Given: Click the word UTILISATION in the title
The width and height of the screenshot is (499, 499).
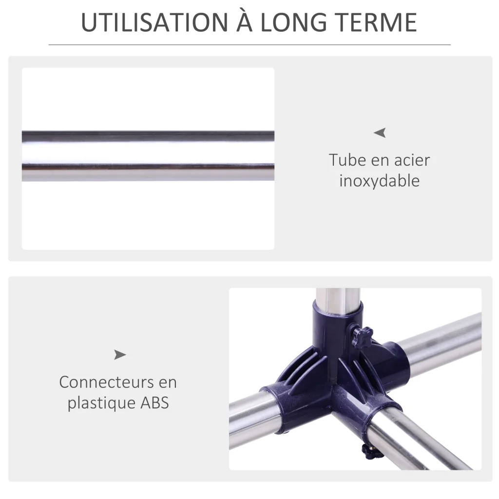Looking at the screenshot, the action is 154,22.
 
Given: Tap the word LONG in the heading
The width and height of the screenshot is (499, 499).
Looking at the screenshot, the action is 294,22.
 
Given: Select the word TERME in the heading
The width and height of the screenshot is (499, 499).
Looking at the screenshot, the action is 377,22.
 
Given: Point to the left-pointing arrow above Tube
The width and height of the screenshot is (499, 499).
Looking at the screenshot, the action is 380,133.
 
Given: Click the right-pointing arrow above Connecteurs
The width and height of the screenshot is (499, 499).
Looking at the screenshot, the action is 120,355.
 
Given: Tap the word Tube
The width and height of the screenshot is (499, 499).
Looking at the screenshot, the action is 347,160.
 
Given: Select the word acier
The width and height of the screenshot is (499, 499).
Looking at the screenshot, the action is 412,160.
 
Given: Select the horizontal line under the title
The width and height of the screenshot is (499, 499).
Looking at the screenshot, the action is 249,45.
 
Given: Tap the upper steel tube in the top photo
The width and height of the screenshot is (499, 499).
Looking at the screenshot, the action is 148,136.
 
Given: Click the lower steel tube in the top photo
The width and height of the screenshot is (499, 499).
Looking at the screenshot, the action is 148,173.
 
